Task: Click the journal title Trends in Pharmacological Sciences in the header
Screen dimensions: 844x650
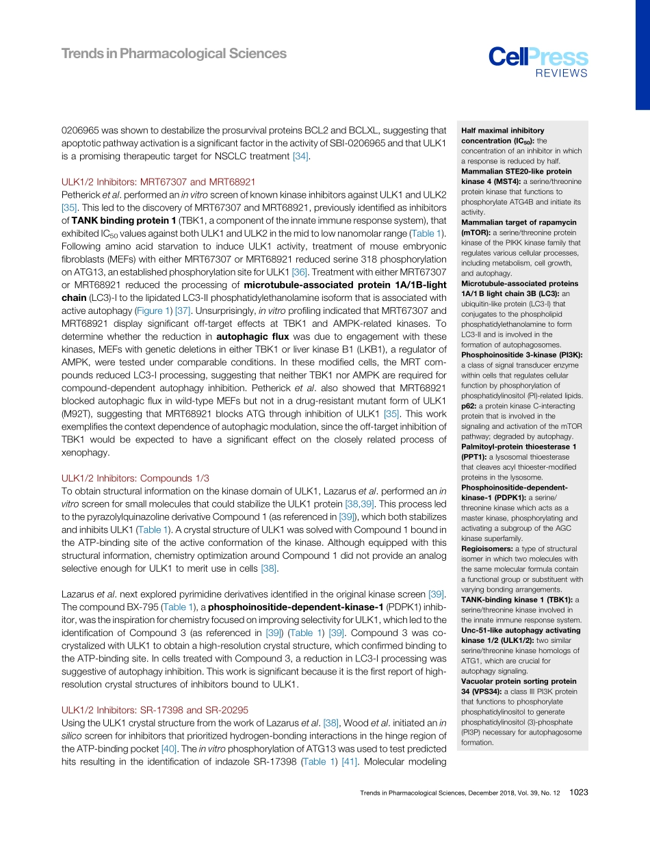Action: point(174,54)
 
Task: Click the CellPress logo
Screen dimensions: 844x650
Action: point(538,57)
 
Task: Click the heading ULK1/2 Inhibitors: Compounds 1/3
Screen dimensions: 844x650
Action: point(135,478)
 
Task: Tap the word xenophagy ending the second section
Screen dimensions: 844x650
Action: point(86,453)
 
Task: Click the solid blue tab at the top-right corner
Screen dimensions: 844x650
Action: point(642,54)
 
